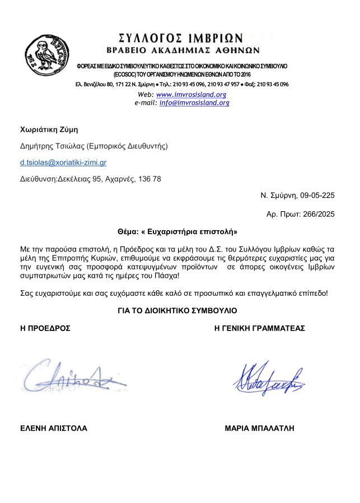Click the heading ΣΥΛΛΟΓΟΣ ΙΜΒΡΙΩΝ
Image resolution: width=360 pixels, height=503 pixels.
click(181, 38)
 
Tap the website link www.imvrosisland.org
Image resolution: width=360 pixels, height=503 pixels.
click(191, 95)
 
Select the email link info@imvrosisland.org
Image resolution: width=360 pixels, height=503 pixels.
click(194, 103)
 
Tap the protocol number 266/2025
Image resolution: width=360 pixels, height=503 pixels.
click(314, 215)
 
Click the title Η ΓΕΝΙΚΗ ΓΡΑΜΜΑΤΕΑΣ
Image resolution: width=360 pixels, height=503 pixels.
click(260, 328)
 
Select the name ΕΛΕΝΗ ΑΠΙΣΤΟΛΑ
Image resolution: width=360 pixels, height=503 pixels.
click(54, 429)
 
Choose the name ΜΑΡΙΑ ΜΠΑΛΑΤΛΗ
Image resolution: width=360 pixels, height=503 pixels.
click(260, 429)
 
